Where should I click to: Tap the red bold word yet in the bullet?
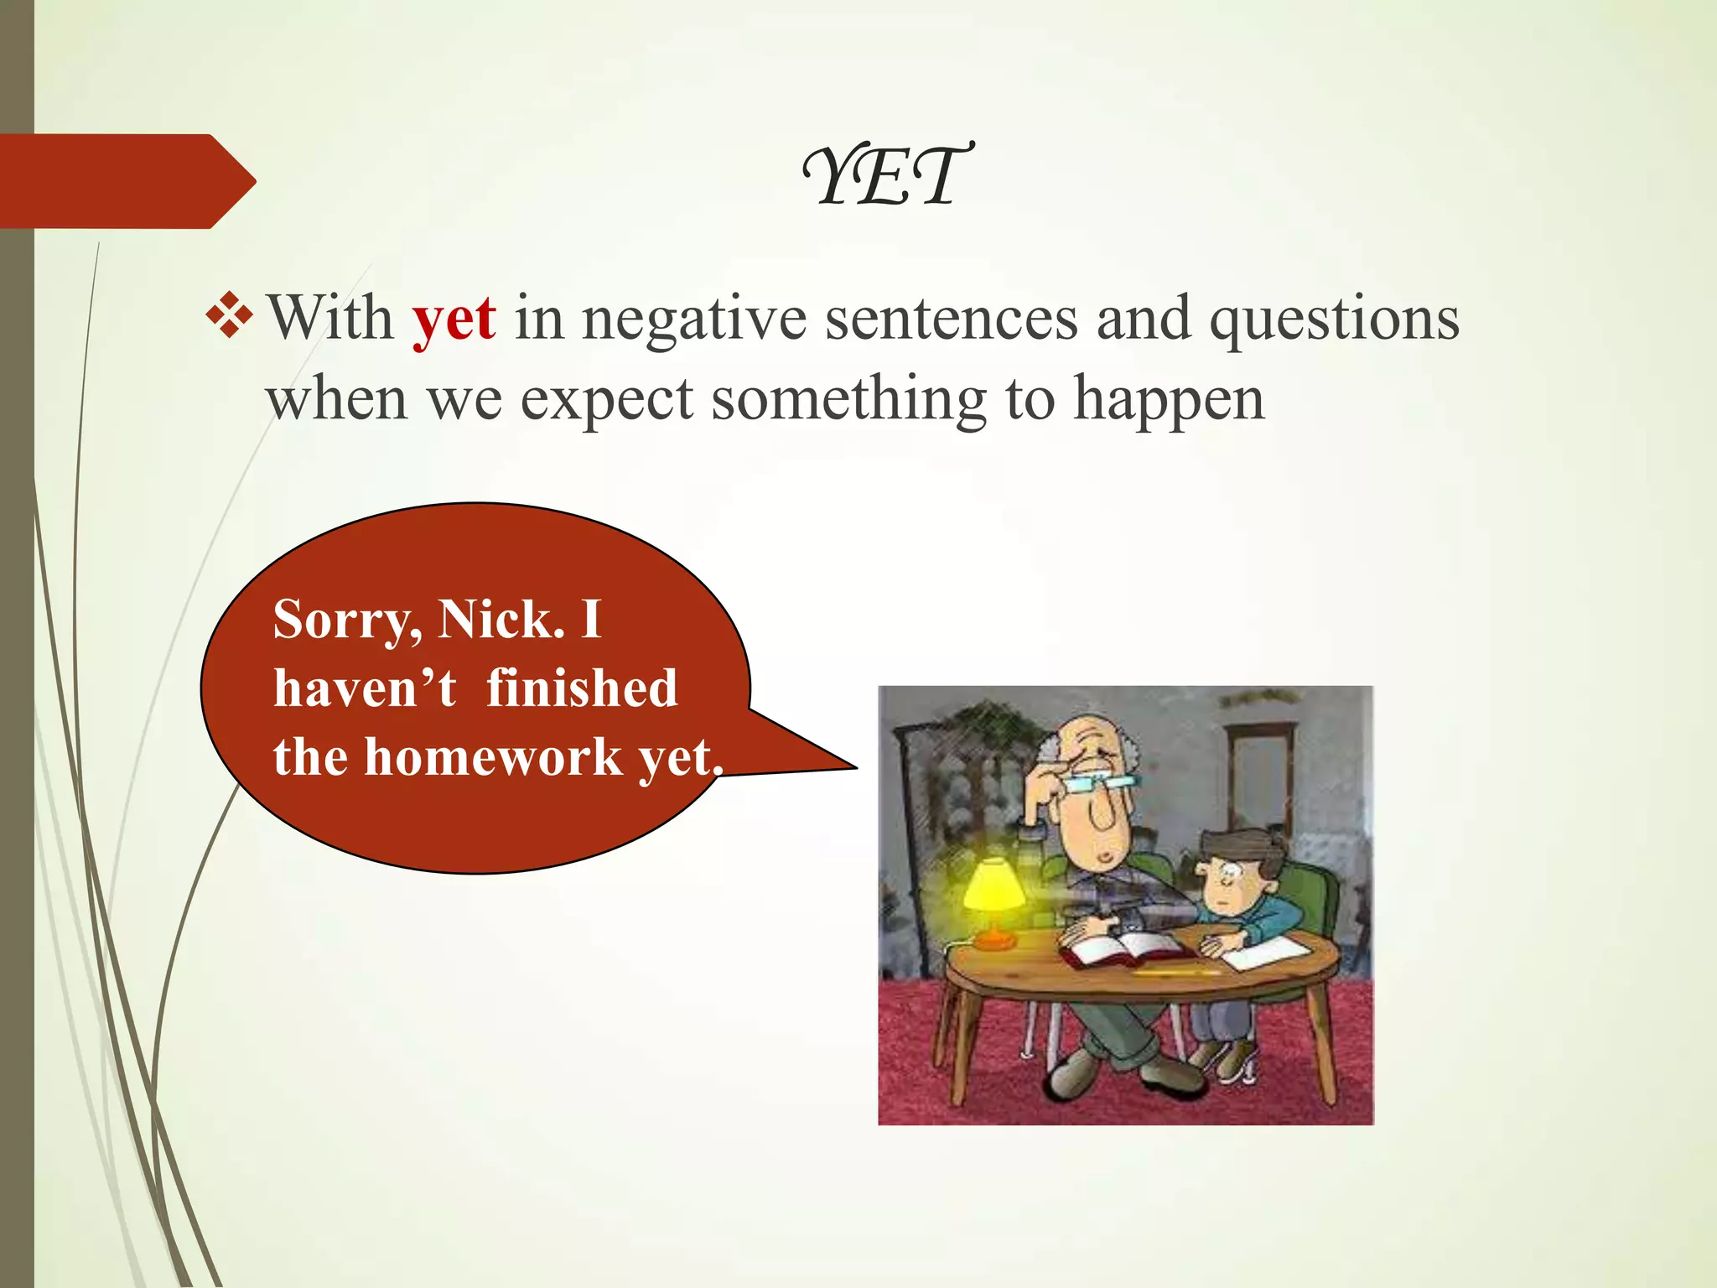click(454, 319)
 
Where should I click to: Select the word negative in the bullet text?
click(694, 319)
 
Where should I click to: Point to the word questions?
click(1333, 319)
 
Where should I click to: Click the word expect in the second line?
click(606, 399)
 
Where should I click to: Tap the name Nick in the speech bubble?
click(501, 620)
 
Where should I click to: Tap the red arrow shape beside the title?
click(126, 181)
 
